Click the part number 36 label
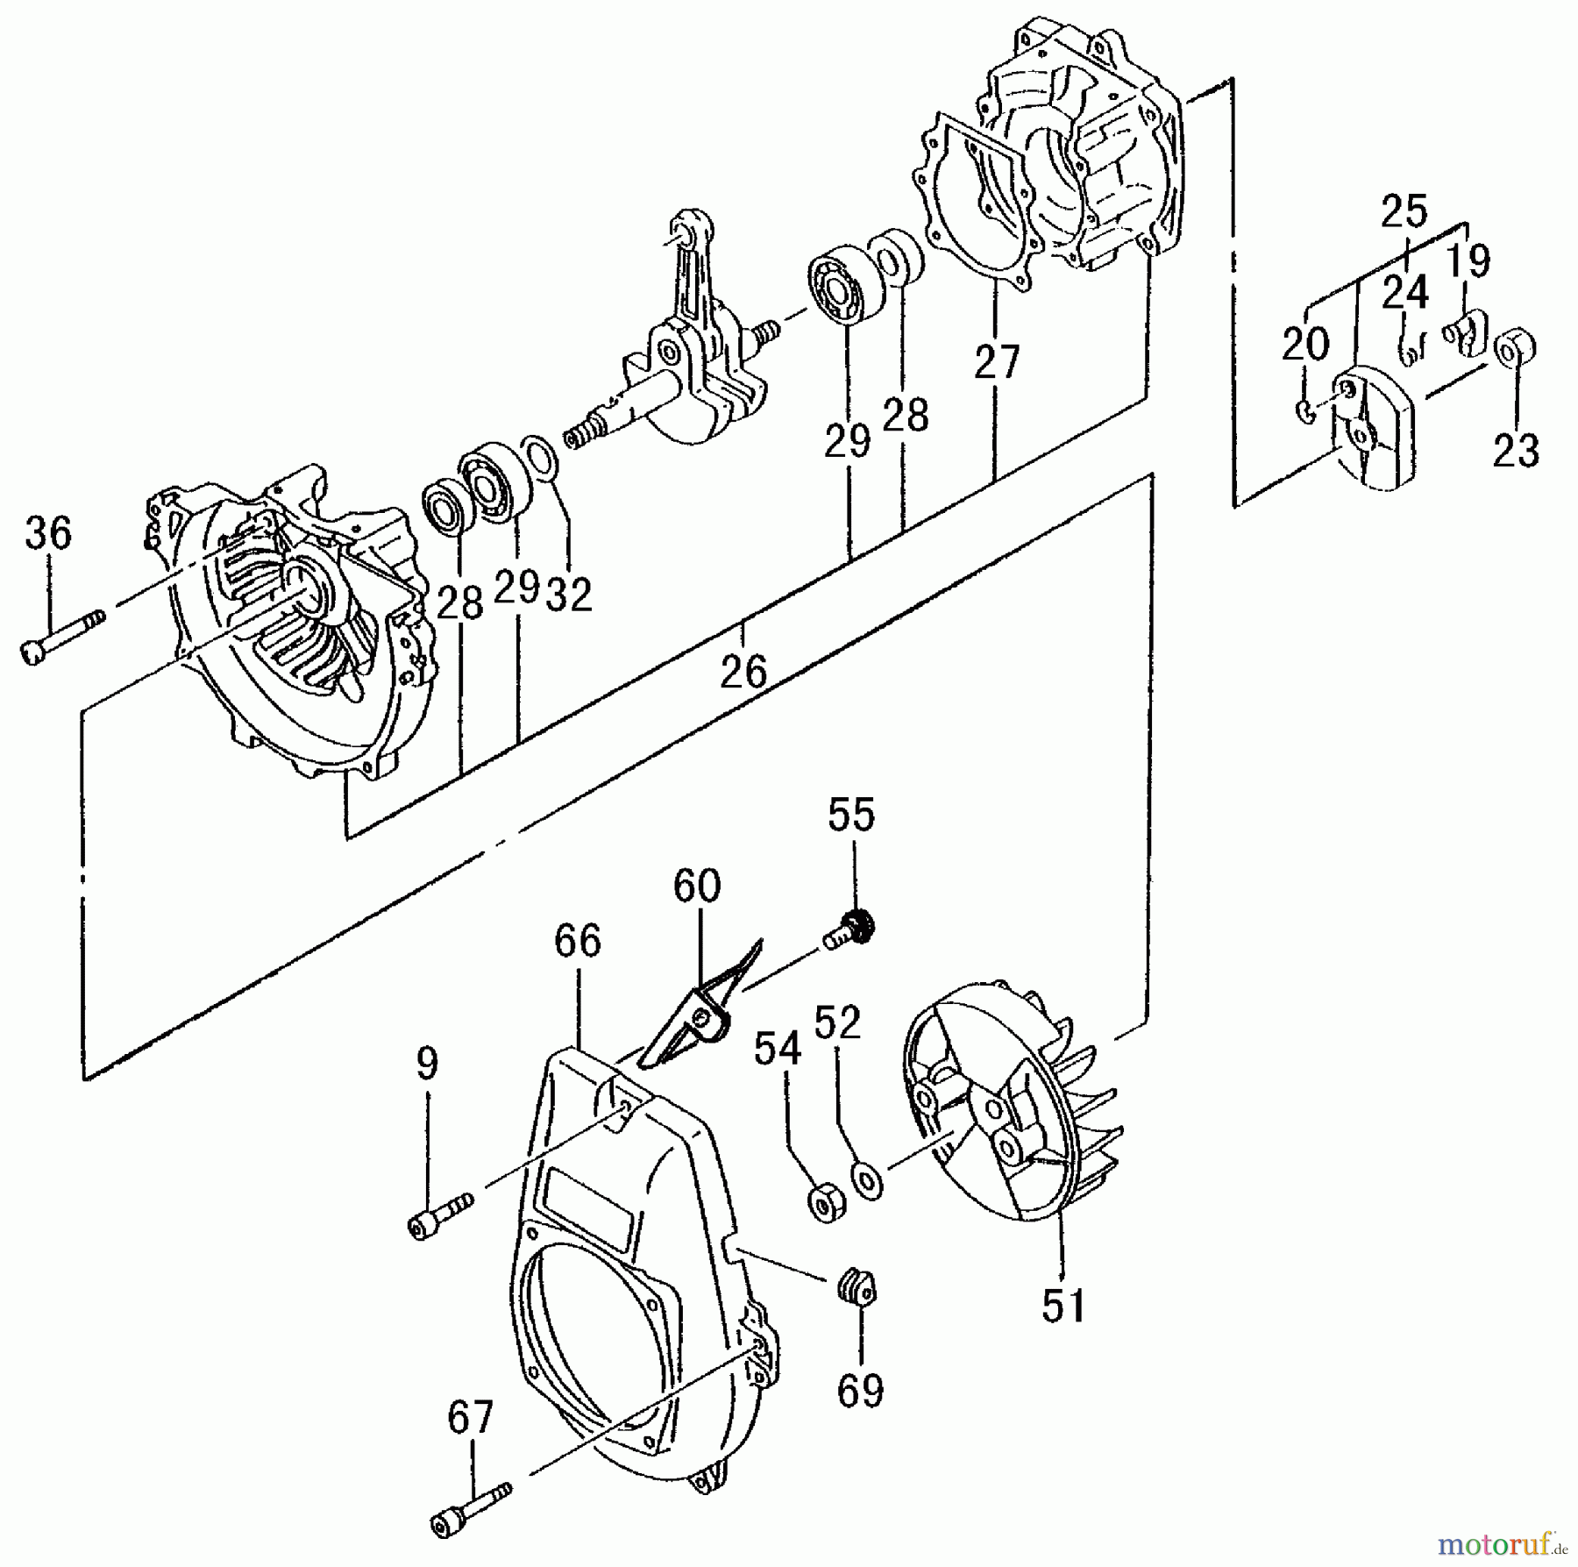pyautogui.click(x=47, y=533)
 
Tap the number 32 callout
pyautogui.click(x=569, y=595)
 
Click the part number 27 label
pyautogui.click(x=998, y=361)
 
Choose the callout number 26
pyautogui.click(x=743, y=672)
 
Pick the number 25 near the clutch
pyautogui.click(x=1404, y=211)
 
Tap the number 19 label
pyautogui.click(x=1468, y=261)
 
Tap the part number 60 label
pyautogui.click(x=697, y=886)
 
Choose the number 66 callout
pyautogui.click(x=578, y=941)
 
